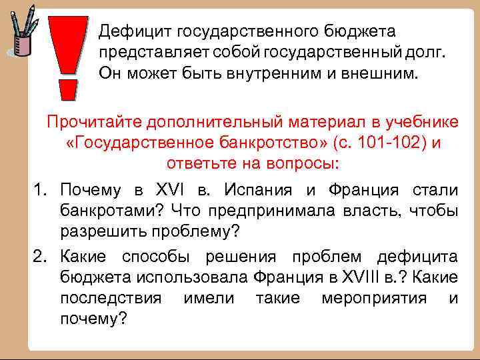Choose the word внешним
coord(386,72)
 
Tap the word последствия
coord(110,299)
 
